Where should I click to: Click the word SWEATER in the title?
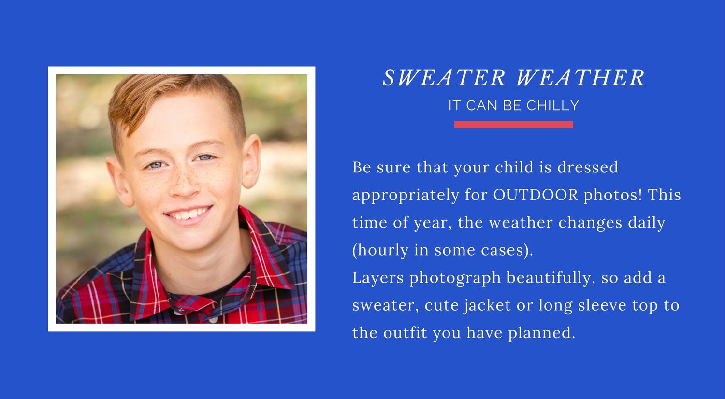(444, 78)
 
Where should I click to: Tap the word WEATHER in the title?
(580, 78)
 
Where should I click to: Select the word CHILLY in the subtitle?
(552, 105)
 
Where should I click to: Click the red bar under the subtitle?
(514, 125)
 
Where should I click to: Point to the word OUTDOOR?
(536, 195)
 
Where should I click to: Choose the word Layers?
(378, 278)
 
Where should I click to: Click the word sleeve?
(602, 305)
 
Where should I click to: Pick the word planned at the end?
(541, 333)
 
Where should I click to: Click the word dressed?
(587, 167)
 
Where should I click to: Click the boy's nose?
(184, 187)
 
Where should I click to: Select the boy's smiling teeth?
(188, 214)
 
